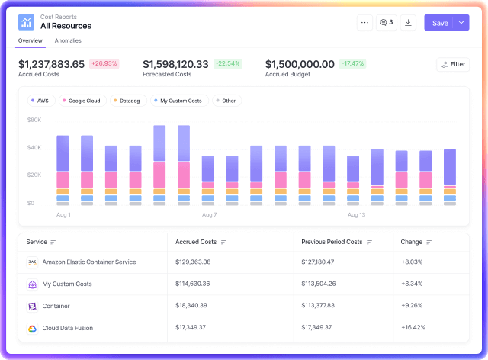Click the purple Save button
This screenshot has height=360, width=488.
point(440,23)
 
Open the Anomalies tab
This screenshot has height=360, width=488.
point(68,40)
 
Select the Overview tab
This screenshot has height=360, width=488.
point(30,40)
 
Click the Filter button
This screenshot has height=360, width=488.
point(453,64)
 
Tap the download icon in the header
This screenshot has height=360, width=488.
point(408,23)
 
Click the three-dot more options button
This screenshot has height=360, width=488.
point(364,23)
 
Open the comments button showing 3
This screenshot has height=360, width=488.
point(387,23)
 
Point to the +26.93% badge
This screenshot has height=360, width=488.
point(104,63)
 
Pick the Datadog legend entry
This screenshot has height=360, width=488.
point(128,101)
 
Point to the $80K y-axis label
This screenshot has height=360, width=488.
point(34,120)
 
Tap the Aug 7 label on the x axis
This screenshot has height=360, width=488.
point(210,215)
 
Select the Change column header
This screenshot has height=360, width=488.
point(412,242)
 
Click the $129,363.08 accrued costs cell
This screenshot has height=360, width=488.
point(193,262)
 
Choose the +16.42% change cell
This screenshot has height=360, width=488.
point(413,328)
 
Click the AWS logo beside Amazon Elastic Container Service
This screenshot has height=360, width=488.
point(32,262)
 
